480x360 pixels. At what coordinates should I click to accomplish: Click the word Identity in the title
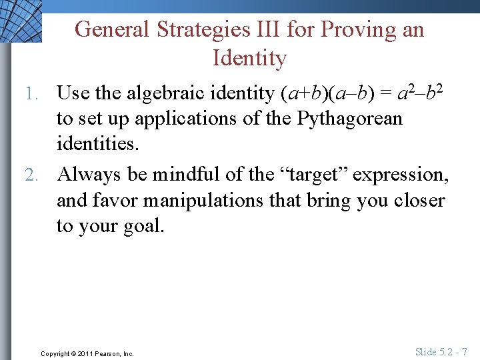coord(249,58)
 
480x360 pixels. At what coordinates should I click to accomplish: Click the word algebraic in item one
coord(181,93)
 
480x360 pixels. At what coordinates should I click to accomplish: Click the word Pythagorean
coord(350,119)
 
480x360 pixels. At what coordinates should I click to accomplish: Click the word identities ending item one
coord(97,144)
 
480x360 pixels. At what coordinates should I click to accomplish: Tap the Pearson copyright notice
coord(87,353)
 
